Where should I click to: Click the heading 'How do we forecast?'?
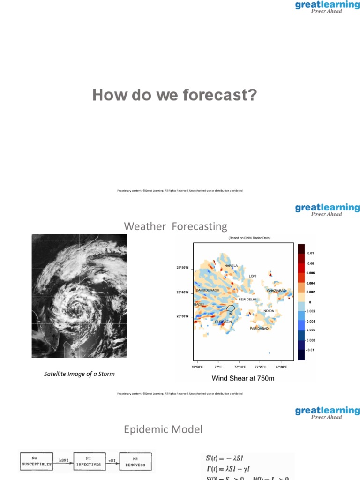[x=175, y=95]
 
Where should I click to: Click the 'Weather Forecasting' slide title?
[x=175, y=227]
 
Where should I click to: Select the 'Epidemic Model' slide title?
[x=163, y=429]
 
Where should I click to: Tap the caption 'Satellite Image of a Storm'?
[x=79, y=374]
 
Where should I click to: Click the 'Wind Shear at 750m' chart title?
[x=243, y=378]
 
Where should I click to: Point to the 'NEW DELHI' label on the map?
[x=247, y=299]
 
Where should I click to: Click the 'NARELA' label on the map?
[x=231, y=266]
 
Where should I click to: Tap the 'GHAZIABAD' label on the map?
[x=276, y=291]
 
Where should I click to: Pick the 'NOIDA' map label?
[x=269, y=311]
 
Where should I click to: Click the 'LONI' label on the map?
[x=253, y=276]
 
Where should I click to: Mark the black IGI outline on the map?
[x=231, y=308]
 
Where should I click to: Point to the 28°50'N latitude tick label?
[x=182, y=268]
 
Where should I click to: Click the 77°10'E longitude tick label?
[x=240, y=366]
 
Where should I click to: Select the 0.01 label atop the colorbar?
[x=311, y=253]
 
